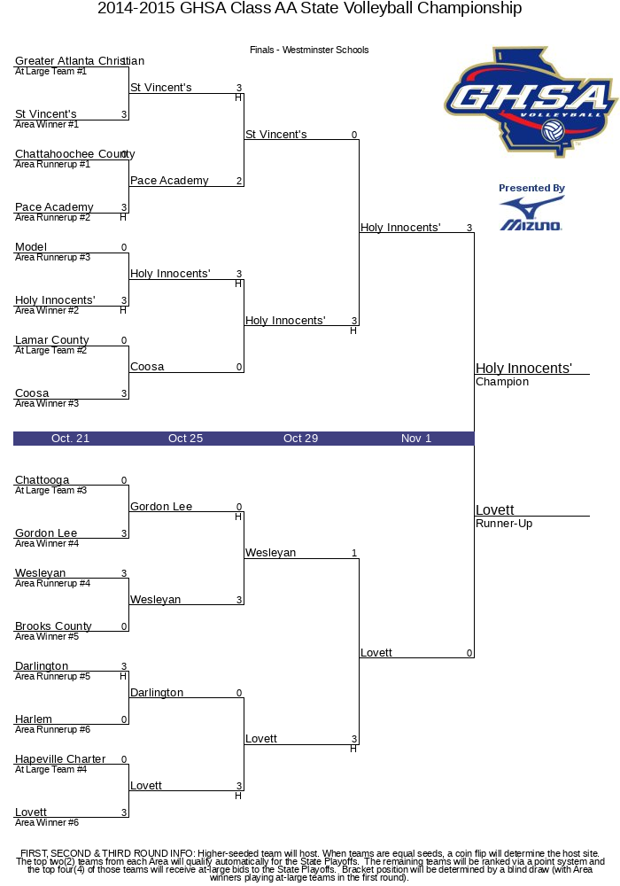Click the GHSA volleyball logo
pyautogui.click(x=531, y=102)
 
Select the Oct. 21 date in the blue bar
pyautogui.click(x=70, y=439)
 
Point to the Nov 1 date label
pyautogui.click(x=416, y=439)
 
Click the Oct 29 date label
pyautogui.click(x=300, y=439)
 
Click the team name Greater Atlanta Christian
pyautogui.click(x=80, y=60)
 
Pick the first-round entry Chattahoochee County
pyautogui.click(x=75, y=153)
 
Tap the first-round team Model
pyautogui.click(x=31, y=247)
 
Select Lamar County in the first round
pyautogui.click(x=52, y=340)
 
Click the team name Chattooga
pyautogui.click(x=43, y=480)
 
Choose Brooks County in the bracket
pyautogui.click(x=53, y=626)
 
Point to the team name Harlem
pyautogui.click(x=34, y=719)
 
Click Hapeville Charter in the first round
pyautogui.click(x=60, y=759)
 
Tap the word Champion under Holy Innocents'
pyautogui.click(x=502, y=382)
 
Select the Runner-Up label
pyautogui.click(x=504, y=524)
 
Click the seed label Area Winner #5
pyautogui.click(x=47, y=637)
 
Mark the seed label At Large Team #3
pyautogui.click(x=50, y=491)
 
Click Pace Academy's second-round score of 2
pyautogui.click(x=239, y=181)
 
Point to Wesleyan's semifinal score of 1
pyautogui.click(x=354, y=553)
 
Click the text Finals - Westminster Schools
pyautogui.click(x=309, y=50)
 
